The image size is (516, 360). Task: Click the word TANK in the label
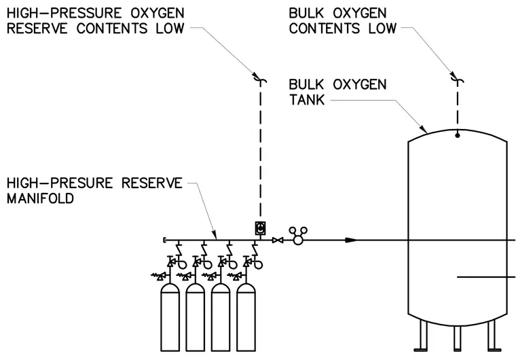pyautogui.click(x=307, y=99)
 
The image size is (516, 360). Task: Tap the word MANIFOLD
pyautogui.click(x=40, y=198)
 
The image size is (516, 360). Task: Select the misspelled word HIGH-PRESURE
pyautogui.click(x=60, y=183)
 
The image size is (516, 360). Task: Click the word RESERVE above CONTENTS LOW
pyautogui.click(x=37, y=29)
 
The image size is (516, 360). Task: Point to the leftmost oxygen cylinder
pyautogui.click(x=170, y=317)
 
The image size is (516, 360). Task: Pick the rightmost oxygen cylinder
pyautogui.click(x=246, y=317)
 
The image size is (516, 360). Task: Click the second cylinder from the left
pyautogui.click(x=196, y=317)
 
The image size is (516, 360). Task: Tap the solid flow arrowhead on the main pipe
pyautogui.click(x=351, y=240)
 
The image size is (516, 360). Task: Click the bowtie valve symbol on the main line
pyautogui.click(x=278, y=240)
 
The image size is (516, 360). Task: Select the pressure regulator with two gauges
pyautogui.click(x=298, y=236)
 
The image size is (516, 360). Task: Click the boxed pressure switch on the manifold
pyautogui.click(x=261, y=228)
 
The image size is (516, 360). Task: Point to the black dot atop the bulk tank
pyautogui.click(x=457, y=135)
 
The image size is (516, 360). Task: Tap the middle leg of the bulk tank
pyautogui.click(x=457, y=338)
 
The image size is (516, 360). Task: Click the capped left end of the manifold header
pyautogui.click(x=164, y=240)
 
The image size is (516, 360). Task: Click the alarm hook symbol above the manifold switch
pyautogui.click(x=260, y=79)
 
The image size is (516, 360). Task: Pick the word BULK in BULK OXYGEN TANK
pyautogui.click(x=307, y=85)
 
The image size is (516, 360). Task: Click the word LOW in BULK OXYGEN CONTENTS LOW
pyautogui.click(x=382, y=29)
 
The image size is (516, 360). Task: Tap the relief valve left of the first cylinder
pyautogui.click(x=159, y=276)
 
